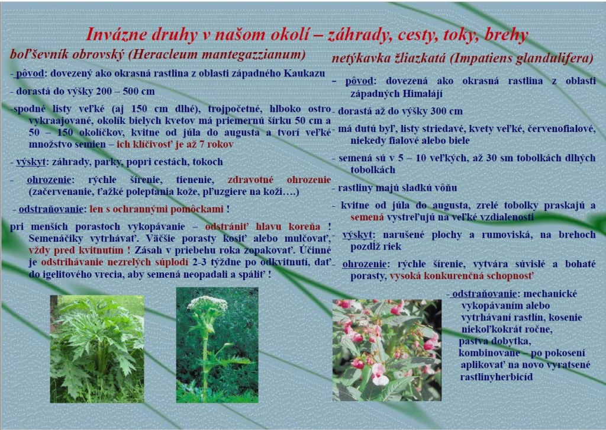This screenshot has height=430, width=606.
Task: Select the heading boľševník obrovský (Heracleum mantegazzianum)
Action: coord(157,54)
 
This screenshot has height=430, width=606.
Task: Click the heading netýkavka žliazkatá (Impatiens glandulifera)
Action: coord(462,59)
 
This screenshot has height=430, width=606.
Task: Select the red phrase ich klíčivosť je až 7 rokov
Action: coord(175,145)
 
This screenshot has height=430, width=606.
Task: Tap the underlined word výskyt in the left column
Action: coord(31,162)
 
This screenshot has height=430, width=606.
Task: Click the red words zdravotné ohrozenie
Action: coord(279,179)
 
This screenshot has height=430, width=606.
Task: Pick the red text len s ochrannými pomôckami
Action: coord(156,209)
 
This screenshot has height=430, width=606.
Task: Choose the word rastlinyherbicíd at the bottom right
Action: coord(497,377)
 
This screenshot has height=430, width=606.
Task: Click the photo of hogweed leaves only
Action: coord(97,349)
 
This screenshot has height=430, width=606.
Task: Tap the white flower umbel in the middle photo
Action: coord(207,304)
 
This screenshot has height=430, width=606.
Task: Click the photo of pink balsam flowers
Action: coord(387,350)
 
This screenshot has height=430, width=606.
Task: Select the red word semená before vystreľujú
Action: coord(367,217)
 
